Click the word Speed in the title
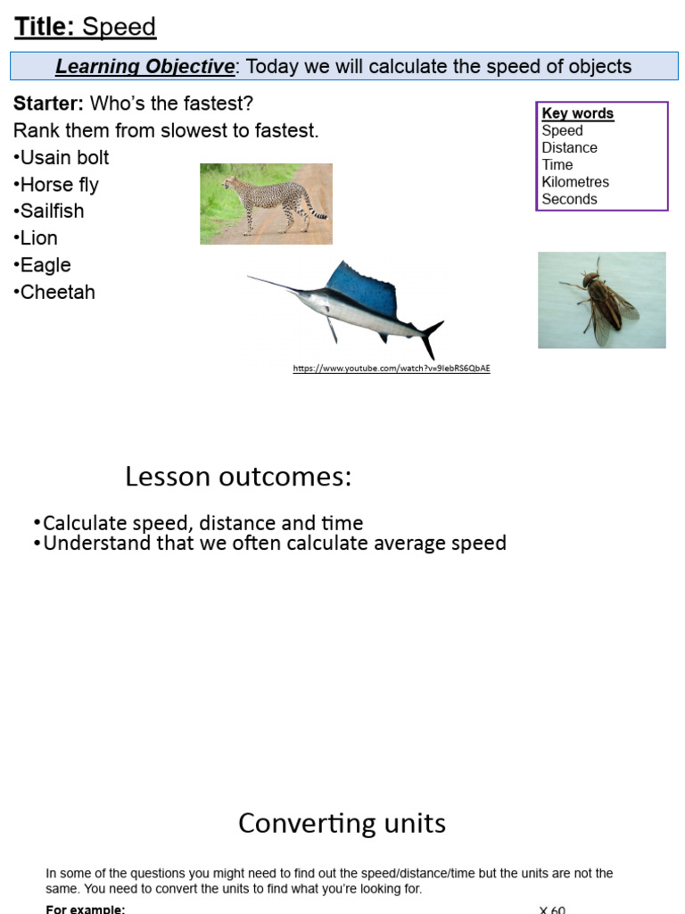click(119, 28)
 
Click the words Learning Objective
click(145, 66)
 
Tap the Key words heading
click(577, 113)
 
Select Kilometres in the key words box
click(575, 182)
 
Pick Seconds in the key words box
click(569, 199)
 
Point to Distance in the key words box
click(569, 147)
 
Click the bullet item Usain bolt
click(62, 157)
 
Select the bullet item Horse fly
click(56, 185)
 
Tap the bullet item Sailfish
click(49, 211)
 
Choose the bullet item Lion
click(36, 237)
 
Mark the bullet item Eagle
click(42, 265)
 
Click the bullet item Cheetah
click(54, 292)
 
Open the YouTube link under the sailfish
click(392, 369)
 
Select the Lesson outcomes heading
click(238, 477)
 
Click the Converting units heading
click(342, 824)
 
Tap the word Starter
click(48, 104)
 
